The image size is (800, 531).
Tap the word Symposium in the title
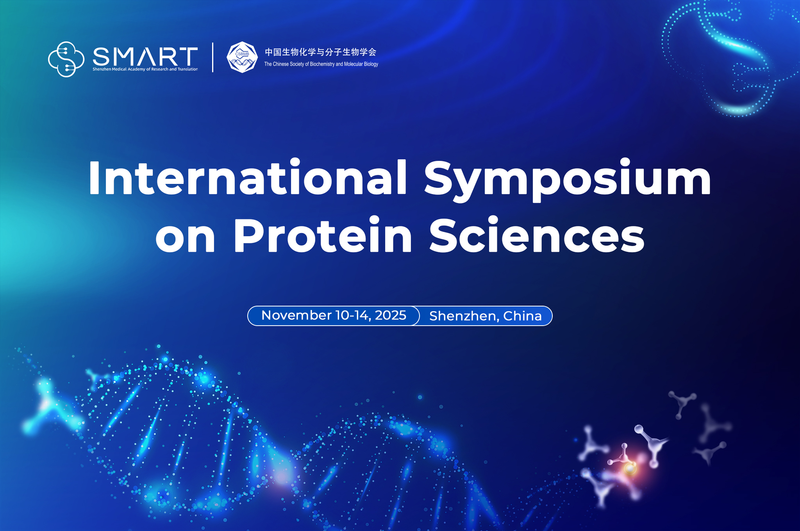[x=568, y=180]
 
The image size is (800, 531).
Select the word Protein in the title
[x=323, y=234]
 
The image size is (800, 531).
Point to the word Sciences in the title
[x=537, y=234]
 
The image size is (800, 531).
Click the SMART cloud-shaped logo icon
[x=66, y=59]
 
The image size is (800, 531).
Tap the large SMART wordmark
[x=145, y=57]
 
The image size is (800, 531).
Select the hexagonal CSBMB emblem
[x=242, y=57]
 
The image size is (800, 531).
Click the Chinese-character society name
[x=321, y=52]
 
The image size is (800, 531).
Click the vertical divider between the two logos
[x=212, y=57]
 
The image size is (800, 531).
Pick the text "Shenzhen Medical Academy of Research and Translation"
[x=145, y=69]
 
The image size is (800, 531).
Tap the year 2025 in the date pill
[x=391, y=315]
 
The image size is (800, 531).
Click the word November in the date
[x=296, y=315]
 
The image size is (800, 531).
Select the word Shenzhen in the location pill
[x=464, y=316]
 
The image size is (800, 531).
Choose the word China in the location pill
[x=523, y=315]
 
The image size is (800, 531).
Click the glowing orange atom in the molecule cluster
[x=630, y=467]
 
